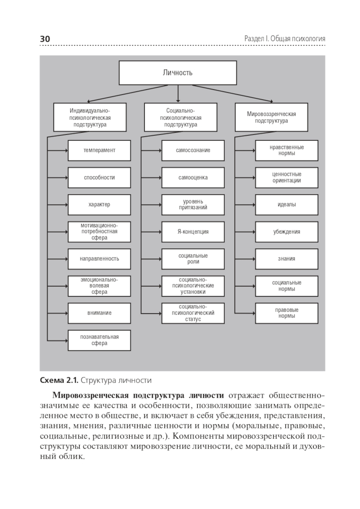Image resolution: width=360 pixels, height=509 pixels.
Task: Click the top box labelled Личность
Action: point(178,73)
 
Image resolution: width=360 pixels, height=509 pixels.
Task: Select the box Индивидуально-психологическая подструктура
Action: point(90,117)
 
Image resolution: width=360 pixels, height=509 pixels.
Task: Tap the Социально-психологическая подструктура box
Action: point(181,117)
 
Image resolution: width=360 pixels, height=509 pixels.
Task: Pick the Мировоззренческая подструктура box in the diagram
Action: point(271,117)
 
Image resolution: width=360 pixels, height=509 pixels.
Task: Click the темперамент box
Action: point(99,150)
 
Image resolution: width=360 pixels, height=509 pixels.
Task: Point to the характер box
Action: point(99,205)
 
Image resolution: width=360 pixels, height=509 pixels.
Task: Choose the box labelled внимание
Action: point(99,313)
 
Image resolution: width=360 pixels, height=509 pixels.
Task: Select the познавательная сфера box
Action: point(99,340)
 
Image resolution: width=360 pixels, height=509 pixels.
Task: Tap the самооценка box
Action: point(193,178)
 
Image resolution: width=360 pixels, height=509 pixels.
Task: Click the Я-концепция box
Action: point(193,232)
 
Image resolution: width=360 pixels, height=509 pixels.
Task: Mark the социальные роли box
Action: point(193,259)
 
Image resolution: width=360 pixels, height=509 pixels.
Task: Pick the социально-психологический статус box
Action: point(193,313)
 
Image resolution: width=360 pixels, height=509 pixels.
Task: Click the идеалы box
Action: point(287,205)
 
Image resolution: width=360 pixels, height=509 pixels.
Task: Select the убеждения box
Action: point(287,232)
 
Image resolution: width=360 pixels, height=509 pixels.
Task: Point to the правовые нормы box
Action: point(287,313)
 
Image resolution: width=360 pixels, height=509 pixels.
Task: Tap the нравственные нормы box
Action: point(287,150)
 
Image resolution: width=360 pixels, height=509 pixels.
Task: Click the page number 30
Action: point(45,39)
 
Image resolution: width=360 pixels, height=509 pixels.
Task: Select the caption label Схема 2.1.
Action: point(59,380)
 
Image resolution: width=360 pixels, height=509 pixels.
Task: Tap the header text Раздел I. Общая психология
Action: point(284,39)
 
